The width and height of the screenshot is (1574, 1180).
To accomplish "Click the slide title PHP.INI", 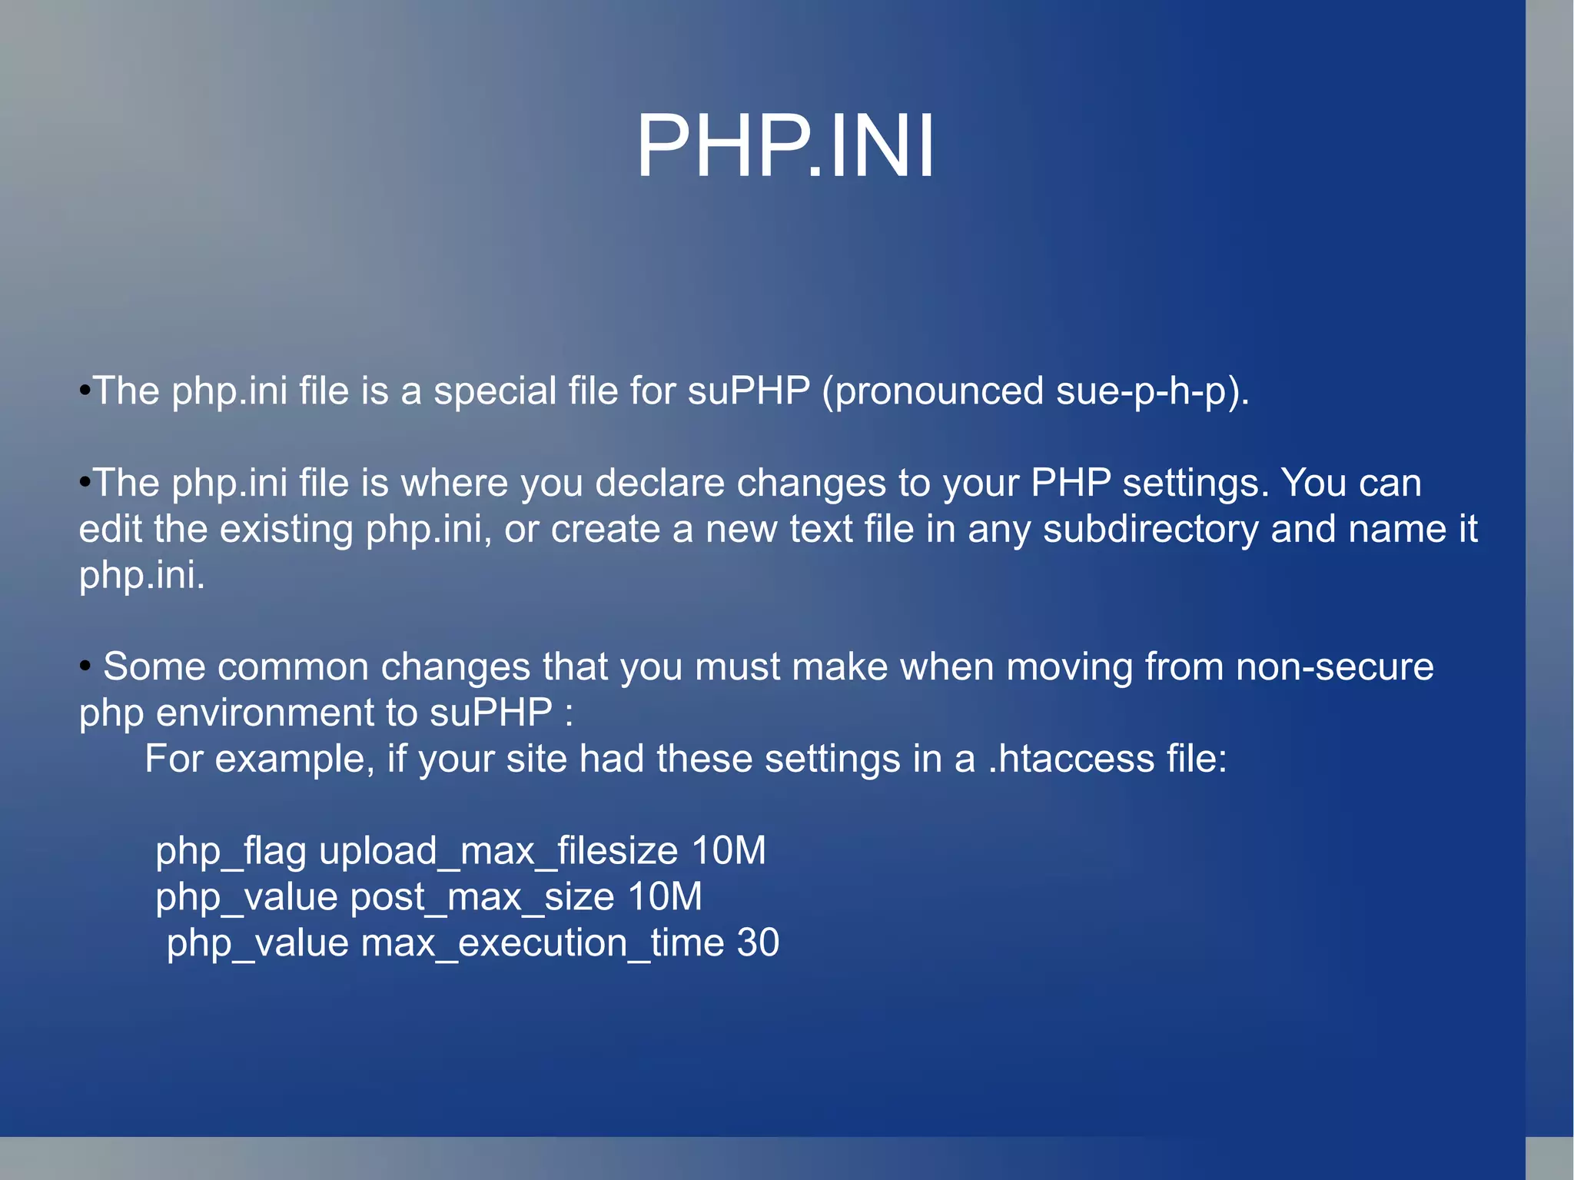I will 785,147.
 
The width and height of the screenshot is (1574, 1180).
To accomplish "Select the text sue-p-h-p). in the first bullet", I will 1152,391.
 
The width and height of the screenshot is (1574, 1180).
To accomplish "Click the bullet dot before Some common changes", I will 85,666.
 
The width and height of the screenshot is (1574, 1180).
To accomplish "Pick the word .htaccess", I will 1071,759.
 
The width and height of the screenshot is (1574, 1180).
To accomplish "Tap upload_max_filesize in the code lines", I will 498,851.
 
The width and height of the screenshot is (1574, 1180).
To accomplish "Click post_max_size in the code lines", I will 482,897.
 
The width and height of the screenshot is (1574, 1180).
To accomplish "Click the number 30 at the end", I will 758,943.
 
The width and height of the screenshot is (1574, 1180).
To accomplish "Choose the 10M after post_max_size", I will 664,897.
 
